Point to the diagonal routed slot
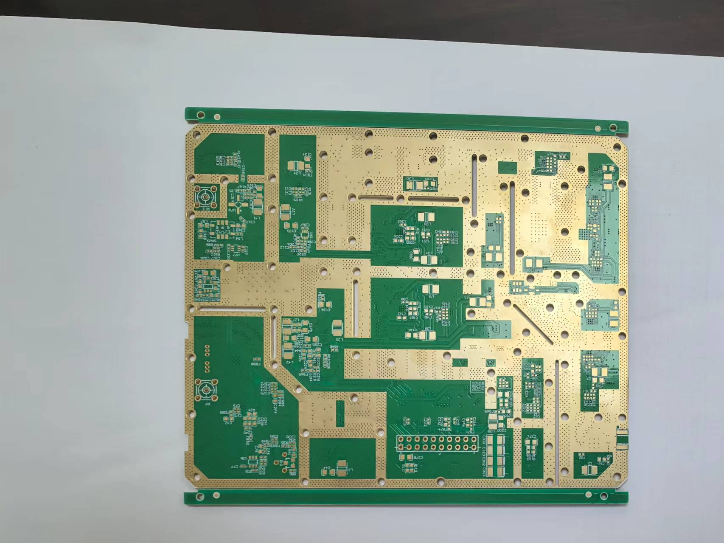point(533,324)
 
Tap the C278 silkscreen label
point(418,458)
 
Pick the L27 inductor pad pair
point(285,211)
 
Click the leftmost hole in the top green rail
point(201,114)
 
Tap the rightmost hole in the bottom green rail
point(603,495)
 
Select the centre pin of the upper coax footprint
point(205,197)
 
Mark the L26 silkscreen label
point(338,339)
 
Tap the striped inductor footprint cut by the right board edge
point(622,439)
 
